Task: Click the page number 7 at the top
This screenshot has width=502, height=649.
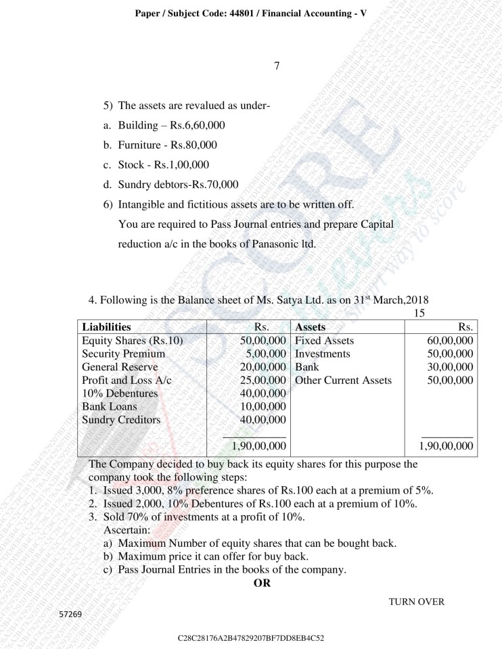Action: pos(277,66)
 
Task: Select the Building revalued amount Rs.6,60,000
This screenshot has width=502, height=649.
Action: pos(198,126)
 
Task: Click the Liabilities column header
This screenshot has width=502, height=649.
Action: pos(106,327)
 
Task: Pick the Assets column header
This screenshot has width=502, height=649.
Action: pos(311,327)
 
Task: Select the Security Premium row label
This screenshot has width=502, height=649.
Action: pos(123,354)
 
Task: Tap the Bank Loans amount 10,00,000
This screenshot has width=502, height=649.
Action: pos(263,406)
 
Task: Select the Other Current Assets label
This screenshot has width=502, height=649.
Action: pos(343,380)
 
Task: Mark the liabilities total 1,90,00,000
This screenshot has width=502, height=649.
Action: pos(258,446)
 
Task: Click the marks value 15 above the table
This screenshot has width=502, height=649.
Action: pos(419,314)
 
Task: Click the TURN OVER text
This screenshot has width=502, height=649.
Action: pos(417,602)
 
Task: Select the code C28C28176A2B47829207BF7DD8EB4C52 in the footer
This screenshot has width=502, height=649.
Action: pos(251,638)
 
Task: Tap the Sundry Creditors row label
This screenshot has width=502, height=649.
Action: pos(121,420)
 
